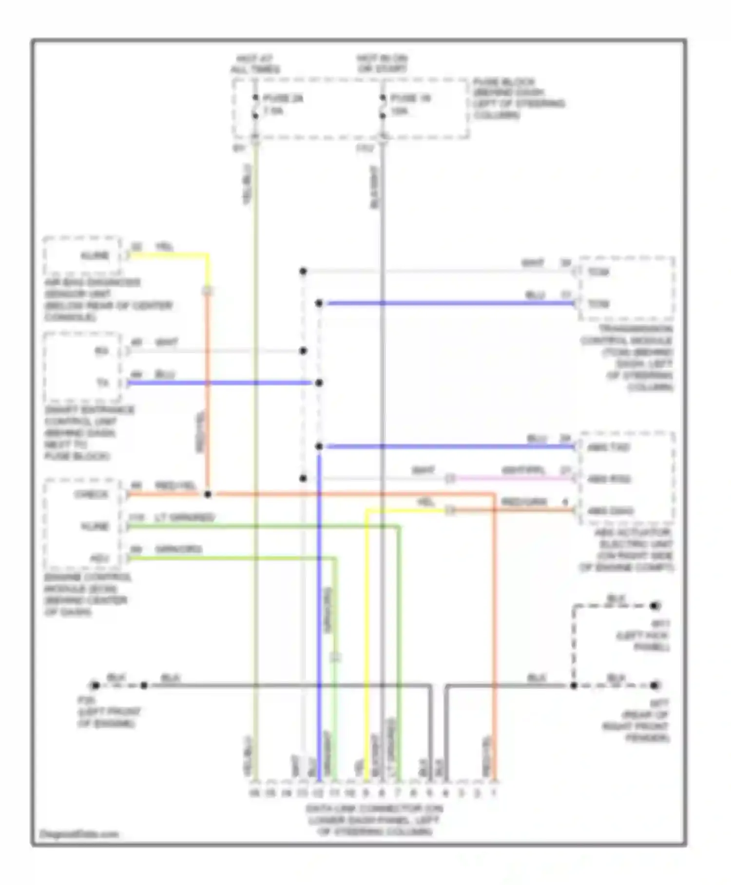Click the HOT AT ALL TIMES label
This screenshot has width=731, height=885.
(255, 64)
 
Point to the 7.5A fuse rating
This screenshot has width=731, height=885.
(273, 111)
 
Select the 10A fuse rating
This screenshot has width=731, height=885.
(399, 111)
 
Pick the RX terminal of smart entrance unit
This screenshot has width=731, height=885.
(101, 351)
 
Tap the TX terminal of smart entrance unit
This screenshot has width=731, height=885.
(102, 383)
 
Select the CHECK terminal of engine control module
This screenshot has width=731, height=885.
(91, 495)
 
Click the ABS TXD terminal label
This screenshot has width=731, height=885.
(608, 447)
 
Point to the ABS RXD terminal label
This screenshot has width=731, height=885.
(609, 479)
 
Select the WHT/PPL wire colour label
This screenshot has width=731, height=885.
(523, 471)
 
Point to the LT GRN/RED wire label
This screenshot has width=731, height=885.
(184, 517)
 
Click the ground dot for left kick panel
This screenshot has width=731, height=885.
(655, 606)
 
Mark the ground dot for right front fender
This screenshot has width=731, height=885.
(655, 685)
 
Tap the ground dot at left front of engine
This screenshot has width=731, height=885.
(96, 685)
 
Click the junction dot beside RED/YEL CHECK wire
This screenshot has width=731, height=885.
(208, 495)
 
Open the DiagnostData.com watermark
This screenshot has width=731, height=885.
(79, 834)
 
